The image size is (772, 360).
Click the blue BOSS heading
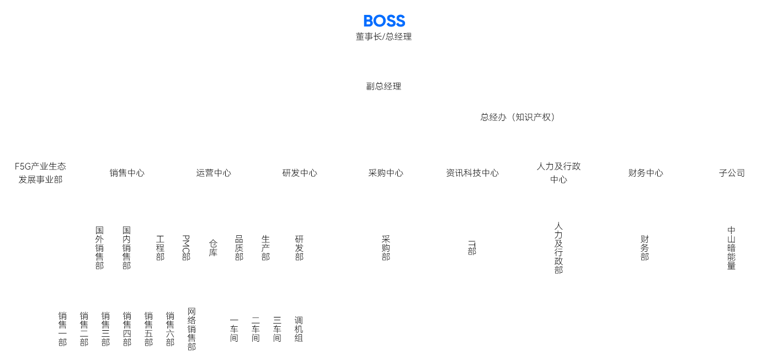(x=384, y=21)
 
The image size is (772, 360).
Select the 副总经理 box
(x=384, y=86)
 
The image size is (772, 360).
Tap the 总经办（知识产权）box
(x=517, y=117)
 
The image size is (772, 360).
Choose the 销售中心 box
(x=126, y=173)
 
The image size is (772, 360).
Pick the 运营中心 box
(x=213, y=173)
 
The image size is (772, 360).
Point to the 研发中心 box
(x=300, y=173)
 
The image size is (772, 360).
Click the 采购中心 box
(x=386, y=173)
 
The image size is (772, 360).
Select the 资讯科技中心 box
(x=472, y=173)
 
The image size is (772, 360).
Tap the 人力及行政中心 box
(x=558, y=173)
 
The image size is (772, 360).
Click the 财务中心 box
(x=645, y=173)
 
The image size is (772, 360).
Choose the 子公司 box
(x=731, y=173)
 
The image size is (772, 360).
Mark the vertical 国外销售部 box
(x=100, y=247)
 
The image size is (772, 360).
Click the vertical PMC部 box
(x=187, y=247)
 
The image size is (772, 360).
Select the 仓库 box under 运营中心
(x=213, y=247)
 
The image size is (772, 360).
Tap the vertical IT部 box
(x=472, y=247)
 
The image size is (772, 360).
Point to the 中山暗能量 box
(x=731, y=247)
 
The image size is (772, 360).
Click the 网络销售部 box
(x=191, y=329)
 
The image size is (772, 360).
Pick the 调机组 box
(x=299, y=329)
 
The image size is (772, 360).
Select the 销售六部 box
(x=170, y=329)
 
